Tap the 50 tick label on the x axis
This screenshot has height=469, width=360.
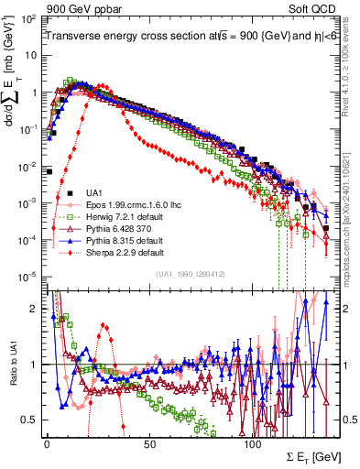tap(149, 444)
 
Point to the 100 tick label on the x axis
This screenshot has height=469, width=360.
tap(252, 444)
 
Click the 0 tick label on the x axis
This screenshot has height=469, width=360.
tap(46, 444)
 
